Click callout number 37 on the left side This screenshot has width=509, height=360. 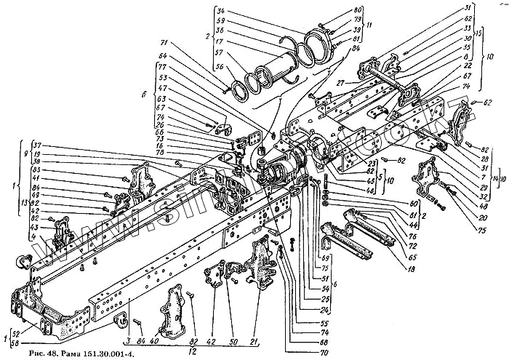38,145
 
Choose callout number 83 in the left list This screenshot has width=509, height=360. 36,169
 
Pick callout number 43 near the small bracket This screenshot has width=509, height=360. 36,227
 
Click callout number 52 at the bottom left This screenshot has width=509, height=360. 17,333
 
